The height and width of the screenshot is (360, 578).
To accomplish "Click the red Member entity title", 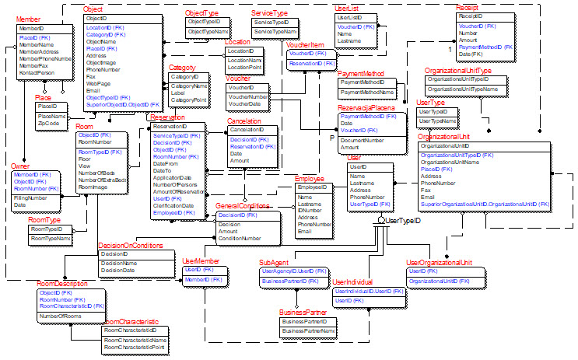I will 30,18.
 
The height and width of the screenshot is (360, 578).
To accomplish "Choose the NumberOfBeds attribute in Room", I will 96,172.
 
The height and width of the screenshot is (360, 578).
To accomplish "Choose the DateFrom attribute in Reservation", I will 166,164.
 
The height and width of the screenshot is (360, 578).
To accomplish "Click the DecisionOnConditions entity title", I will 131,246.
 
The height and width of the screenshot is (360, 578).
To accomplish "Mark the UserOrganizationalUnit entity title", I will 440,263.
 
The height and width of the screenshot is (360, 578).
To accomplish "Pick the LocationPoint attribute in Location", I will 243,67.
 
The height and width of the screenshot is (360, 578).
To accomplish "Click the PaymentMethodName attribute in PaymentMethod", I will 366,92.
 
